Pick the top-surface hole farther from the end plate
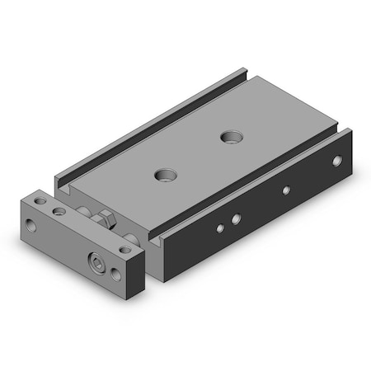click(x=228, y=134)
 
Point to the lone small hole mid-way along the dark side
click(x=286, y=190)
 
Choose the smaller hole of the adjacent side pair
click(x=219, y=228)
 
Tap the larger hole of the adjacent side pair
click(x=235, y=219)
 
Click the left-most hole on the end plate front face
click(x=31, y=223)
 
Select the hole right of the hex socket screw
click(x=124, y=249)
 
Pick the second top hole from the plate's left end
click(x=59, y=212)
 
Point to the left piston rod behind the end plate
click(x=85, y=212)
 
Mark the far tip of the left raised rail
click(x=242, y=69)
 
